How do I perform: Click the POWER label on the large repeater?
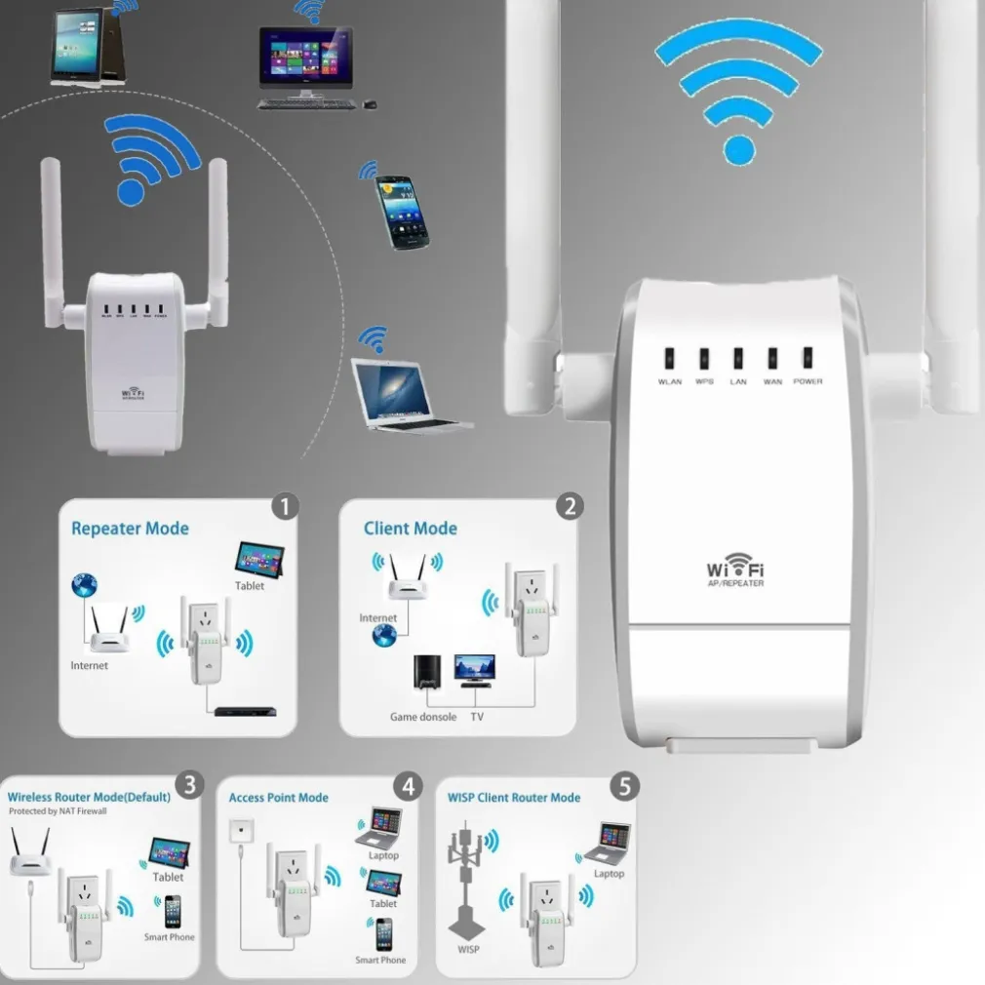coord(808,381)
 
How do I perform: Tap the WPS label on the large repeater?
coord(704,381)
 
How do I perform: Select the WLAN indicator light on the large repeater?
coord(670,358)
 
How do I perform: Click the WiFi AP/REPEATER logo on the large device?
coord(735,571)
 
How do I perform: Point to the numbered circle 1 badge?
coord(285,505)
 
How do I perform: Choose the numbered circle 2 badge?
coord(569,505)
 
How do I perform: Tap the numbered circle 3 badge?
coord(189,783)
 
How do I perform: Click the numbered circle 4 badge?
coord(407,783)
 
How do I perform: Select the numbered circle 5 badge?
coord(624,783)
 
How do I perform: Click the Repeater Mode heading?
coord(130,529)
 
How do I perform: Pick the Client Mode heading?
coord(410,529)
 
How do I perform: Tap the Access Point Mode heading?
coord(278,798)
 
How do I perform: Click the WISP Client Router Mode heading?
coord(513,798)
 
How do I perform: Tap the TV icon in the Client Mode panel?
coord(474,669)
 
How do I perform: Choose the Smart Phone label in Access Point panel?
coord(380,961)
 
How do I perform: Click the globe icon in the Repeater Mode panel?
coord(84,586)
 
